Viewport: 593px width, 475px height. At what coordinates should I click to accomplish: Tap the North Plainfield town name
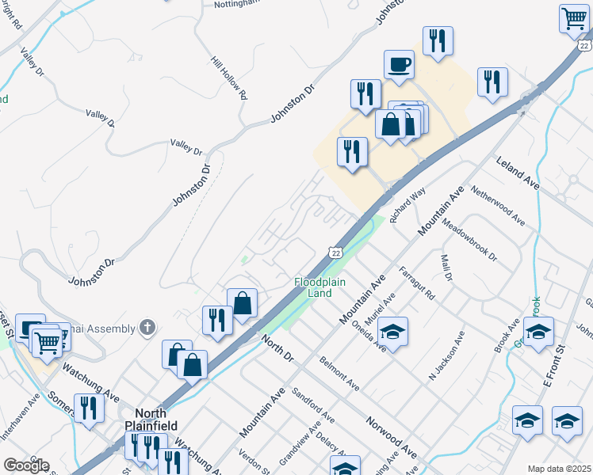pyautogui.click(x=150, y=419)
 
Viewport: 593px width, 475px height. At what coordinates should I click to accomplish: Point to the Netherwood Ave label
pyautogui.click(x=498, y=206)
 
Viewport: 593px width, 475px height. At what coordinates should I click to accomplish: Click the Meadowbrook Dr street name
pyautogui.click(x=469, y=241)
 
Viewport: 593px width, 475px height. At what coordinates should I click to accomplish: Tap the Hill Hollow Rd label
pyautogui.click(x=230, y=77)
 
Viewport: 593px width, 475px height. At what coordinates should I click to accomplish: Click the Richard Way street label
pyautogui.click(x=407, y=204)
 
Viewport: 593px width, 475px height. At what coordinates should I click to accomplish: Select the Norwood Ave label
pyautogui.click(x=391, y=435)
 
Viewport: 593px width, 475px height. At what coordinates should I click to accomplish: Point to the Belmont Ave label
pyautogui.click(x=339, y=374)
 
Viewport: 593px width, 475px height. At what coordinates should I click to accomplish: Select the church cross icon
pyautogui.click(x=146, y=326)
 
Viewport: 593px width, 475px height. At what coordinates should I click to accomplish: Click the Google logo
pyautogui.click(x=26, y=465)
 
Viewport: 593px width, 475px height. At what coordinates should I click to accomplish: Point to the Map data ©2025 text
pyautogui.click(x=558, y=469)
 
